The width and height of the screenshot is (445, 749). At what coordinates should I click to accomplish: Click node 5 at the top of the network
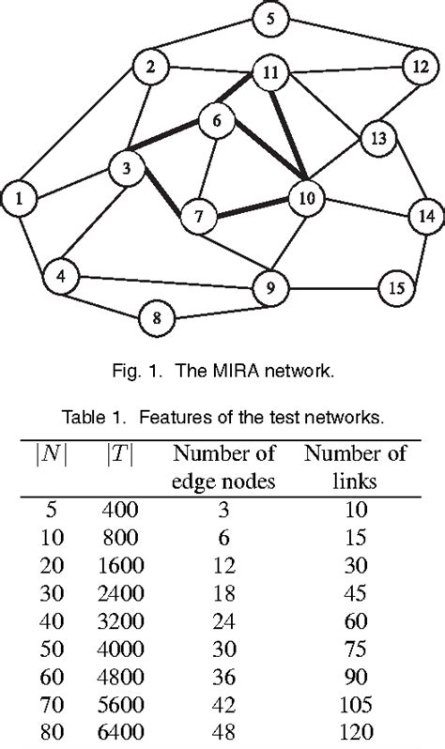[x=271, y=19]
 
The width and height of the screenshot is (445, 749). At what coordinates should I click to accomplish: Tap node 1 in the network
[x=20, y=198]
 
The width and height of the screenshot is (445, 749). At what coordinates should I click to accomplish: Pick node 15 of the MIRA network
[x=396, y=287]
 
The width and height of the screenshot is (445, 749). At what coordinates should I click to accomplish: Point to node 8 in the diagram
[x=158, y=319]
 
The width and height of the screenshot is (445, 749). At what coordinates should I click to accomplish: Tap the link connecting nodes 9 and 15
[x=333, y=287]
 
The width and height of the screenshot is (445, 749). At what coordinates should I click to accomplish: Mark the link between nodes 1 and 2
[x=84, y=132]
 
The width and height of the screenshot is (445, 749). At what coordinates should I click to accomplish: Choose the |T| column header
[x=119, y=453]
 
